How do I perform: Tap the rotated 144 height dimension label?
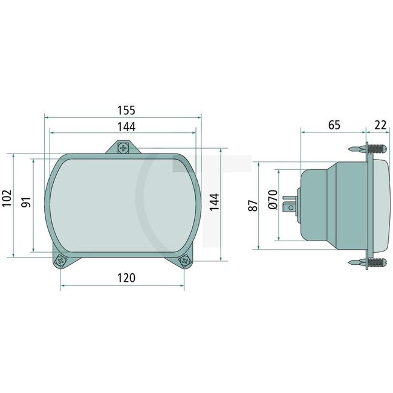click(213, 202)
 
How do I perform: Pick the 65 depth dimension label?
click(334, 125)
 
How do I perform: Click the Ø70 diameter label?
click(271, 200)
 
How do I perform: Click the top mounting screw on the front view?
click(123, 148)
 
